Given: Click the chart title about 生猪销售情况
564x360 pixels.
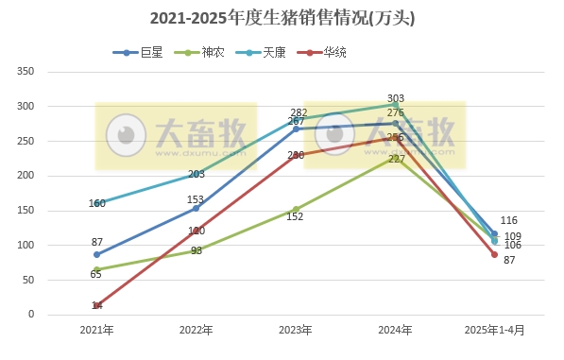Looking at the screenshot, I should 282,18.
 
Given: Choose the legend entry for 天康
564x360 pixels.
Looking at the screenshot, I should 274,53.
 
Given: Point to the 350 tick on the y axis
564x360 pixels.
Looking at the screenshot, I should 26,72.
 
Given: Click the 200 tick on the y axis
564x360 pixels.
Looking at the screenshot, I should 26,176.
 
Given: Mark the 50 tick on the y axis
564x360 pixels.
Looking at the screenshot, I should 29,280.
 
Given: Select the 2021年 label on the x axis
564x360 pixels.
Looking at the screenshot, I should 96,330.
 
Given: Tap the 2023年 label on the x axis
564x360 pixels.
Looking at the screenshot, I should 296,330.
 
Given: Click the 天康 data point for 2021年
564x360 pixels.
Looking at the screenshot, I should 96,203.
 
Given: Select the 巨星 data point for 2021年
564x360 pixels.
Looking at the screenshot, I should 96,254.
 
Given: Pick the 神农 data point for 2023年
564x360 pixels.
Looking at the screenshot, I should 296,209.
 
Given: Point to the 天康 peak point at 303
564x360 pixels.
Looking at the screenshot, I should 395,105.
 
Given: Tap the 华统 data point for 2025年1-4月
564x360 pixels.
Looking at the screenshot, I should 494,254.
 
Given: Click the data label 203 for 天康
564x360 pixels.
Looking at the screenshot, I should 197,174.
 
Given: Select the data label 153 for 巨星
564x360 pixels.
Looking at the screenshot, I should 196,199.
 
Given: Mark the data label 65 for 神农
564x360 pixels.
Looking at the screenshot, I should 96,274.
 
